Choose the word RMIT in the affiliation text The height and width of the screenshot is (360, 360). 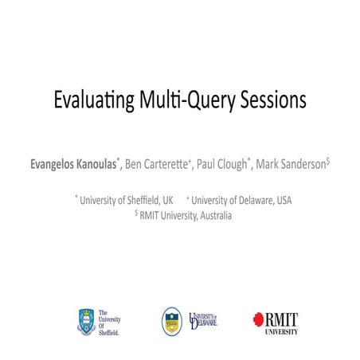pos(151,214)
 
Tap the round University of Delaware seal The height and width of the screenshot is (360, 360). pos(172,321)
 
